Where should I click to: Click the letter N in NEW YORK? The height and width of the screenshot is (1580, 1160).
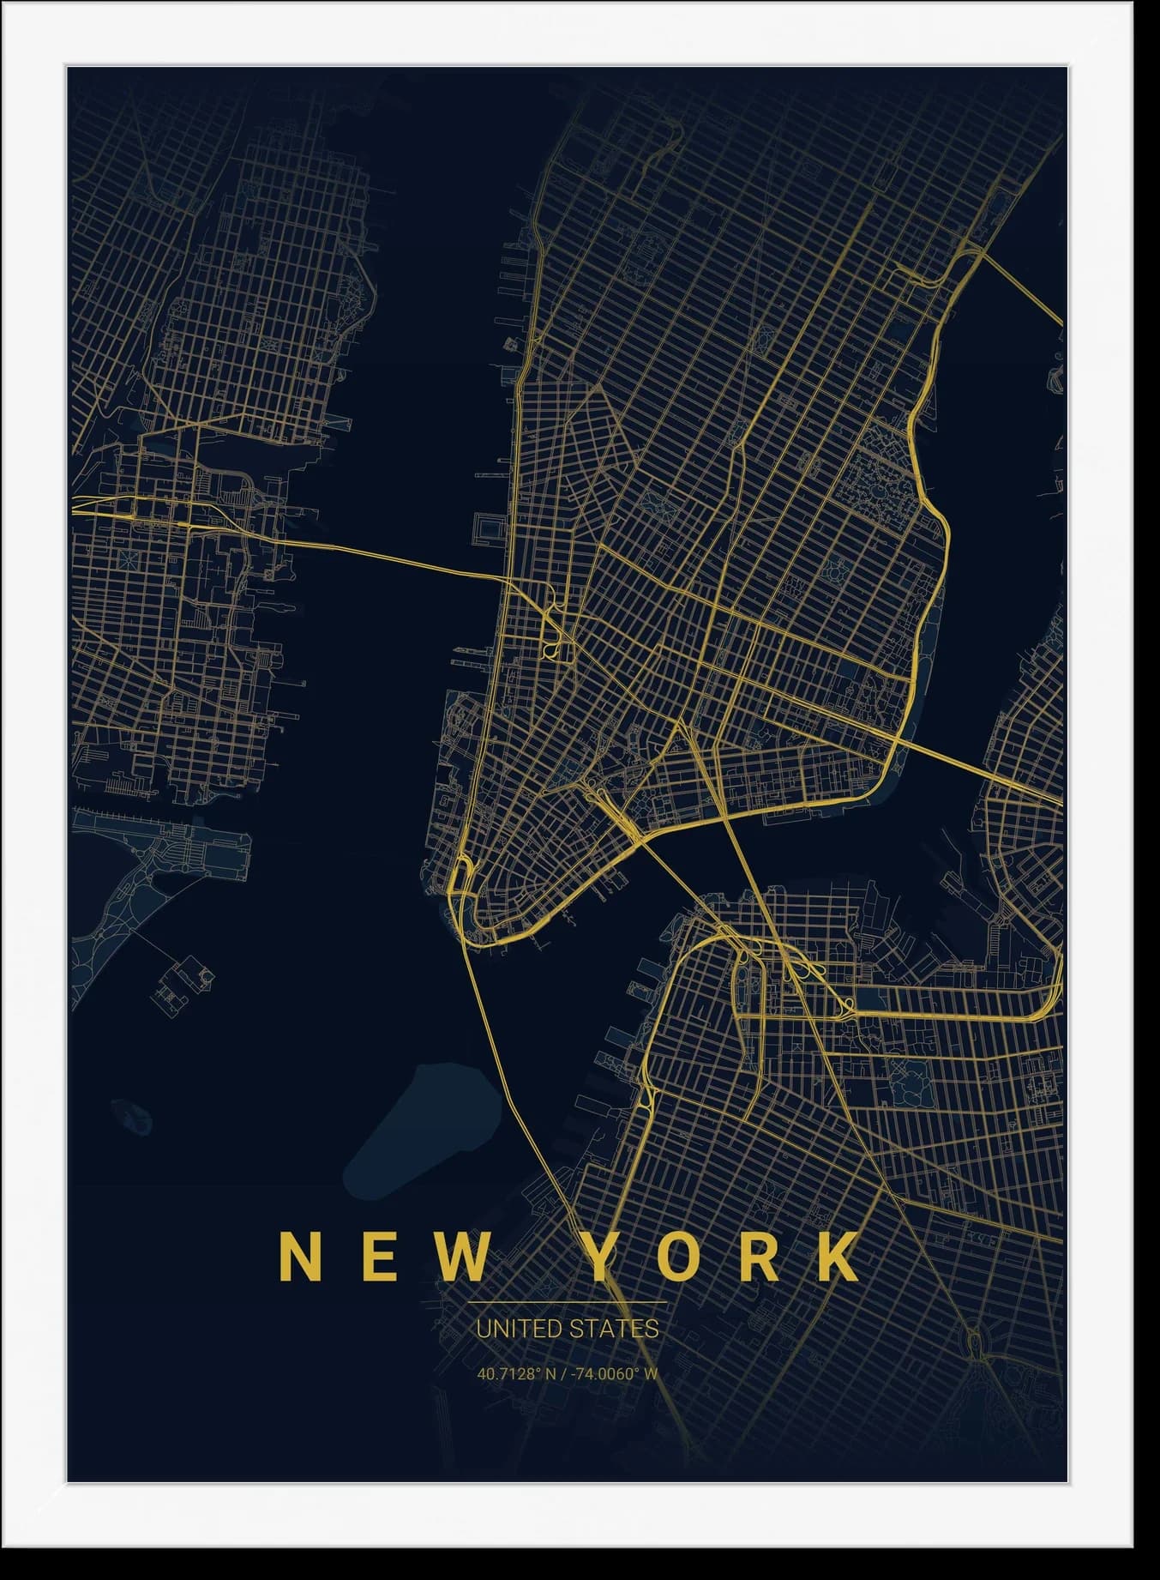300,1257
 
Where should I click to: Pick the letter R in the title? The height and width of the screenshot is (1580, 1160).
759,1257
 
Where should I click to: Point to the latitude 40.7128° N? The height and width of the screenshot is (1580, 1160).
515,1373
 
